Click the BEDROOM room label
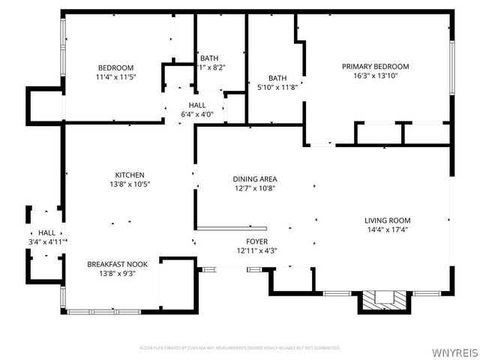coord(115,67)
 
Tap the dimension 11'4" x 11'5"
coord(115,76)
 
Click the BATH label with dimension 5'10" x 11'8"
coord(277,77)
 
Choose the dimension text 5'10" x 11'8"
coord(277,87)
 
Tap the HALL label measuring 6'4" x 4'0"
coord(197,105)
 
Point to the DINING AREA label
coord(255,178)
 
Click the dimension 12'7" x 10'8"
coord(255,188)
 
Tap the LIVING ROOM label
coord(387,220)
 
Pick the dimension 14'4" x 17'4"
coord(387,229)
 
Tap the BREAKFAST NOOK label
coord(111,264)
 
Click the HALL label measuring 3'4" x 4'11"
coord(46,232)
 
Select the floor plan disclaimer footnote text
coord(240,348)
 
